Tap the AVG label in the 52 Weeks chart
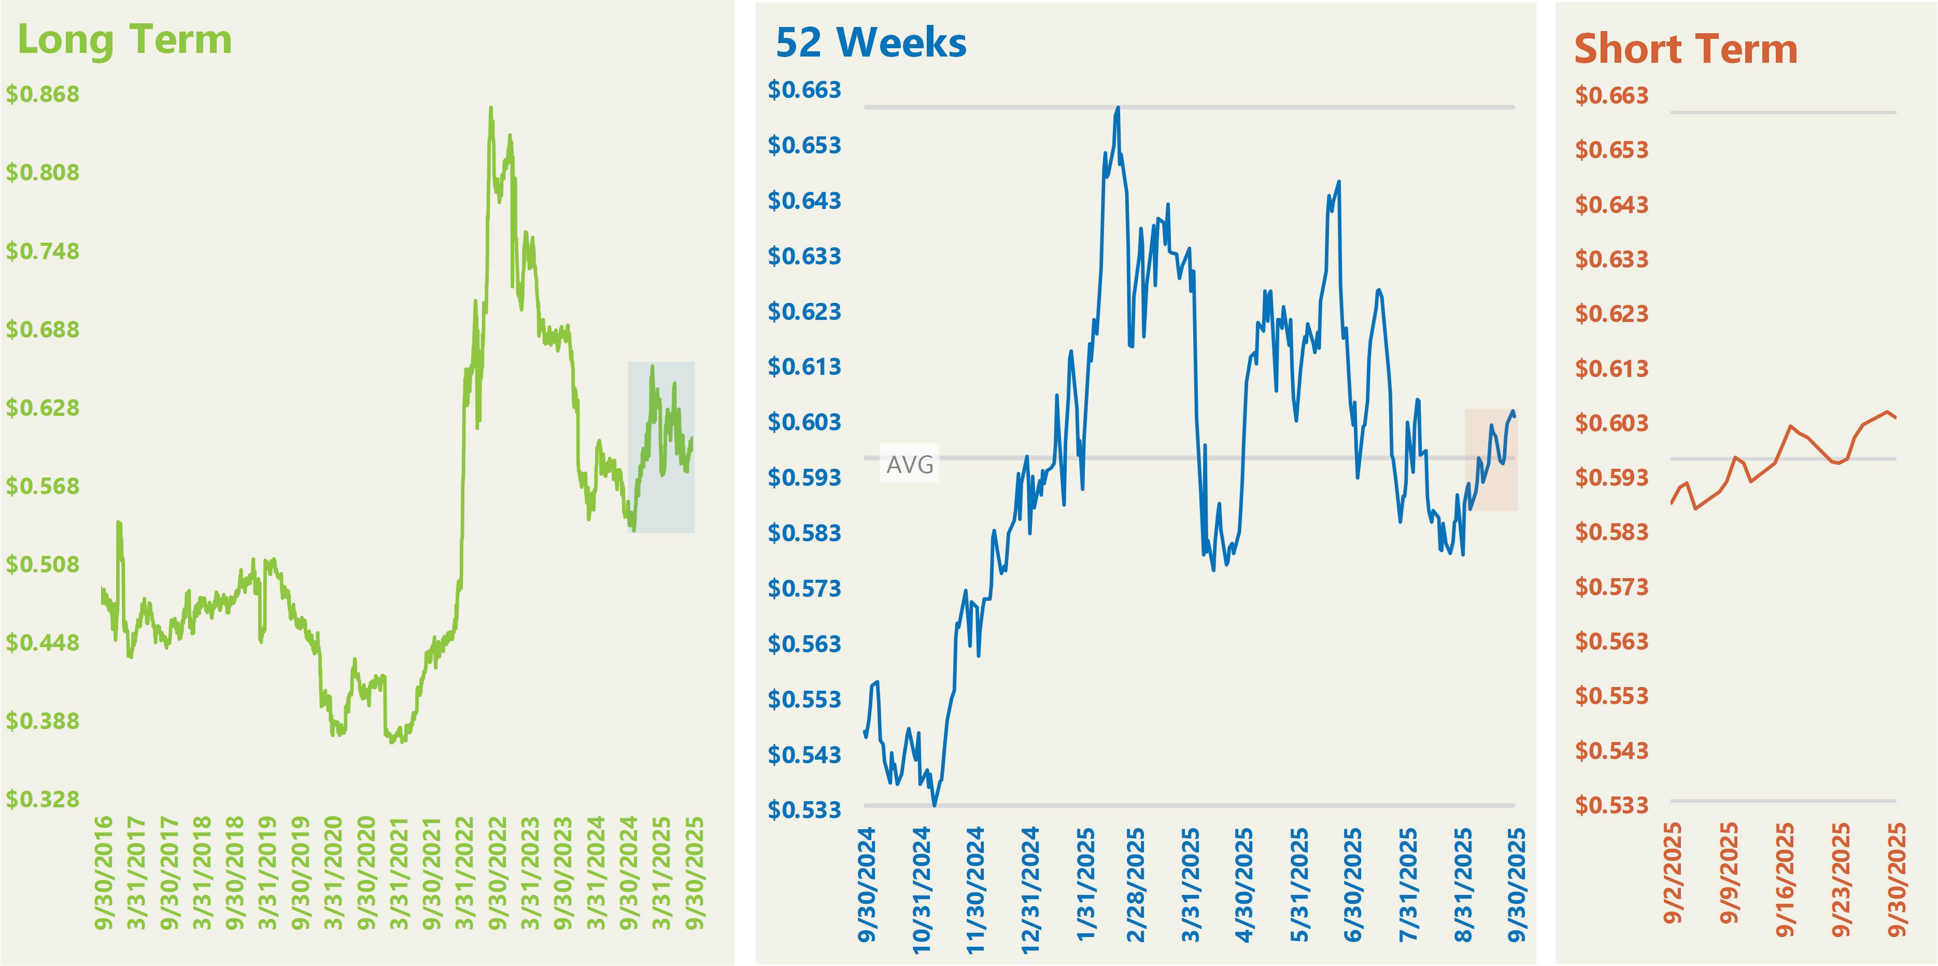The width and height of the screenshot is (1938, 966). pos(910,464)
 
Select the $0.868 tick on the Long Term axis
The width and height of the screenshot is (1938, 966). pos(43,94)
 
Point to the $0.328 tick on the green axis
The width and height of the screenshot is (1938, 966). pos(43,799)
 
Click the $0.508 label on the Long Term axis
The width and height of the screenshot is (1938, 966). pos(43,564)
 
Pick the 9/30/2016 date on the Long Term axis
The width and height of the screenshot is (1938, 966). pos(104,873)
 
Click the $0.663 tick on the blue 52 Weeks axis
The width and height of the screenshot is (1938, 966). pos(804,90)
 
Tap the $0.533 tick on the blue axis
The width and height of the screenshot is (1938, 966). pos(804,810)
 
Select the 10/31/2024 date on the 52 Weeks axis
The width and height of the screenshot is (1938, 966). pos(922,890)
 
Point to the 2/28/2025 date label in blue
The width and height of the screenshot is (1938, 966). pos(1135,885)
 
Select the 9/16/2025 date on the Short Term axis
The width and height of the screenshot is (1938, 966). pos(1785,880)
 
